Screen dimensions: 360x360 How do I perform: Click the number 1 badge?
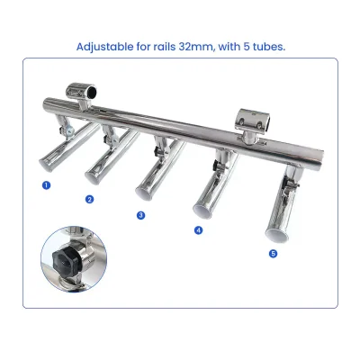[x=47, y=184]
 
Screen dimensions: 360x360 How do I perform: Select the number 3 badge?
[x=140, y=215]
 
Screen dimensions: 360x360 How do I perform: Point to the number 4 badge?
[x=198, y=230]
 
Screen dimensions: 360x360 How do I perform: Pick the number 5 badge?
[x=274, y=253]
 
